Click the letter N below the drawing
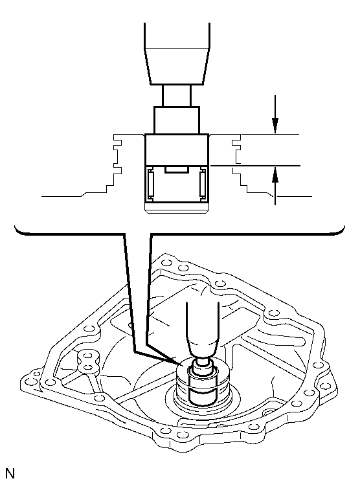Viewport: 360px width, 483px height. click(x=10, y=473)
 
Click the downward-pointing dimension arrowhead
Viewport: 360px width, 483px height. click(x=275, y=126)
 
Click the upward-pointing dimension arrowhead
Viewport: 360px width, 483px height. click(x=275, y=175)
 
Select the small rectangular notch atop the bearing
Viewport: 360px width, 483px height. click(x=177, y=170)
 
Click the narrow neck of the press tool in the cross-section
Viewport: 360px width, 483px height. click(x=177, y=96)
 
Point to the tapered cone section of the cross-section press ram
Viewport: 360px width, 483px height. click(x=177, y=66)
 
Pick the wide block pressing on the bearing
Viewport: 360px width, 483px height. click(x=177, y=149)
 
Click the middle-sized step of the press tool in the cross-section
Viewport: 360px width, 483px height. click(x=177, y=120)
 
